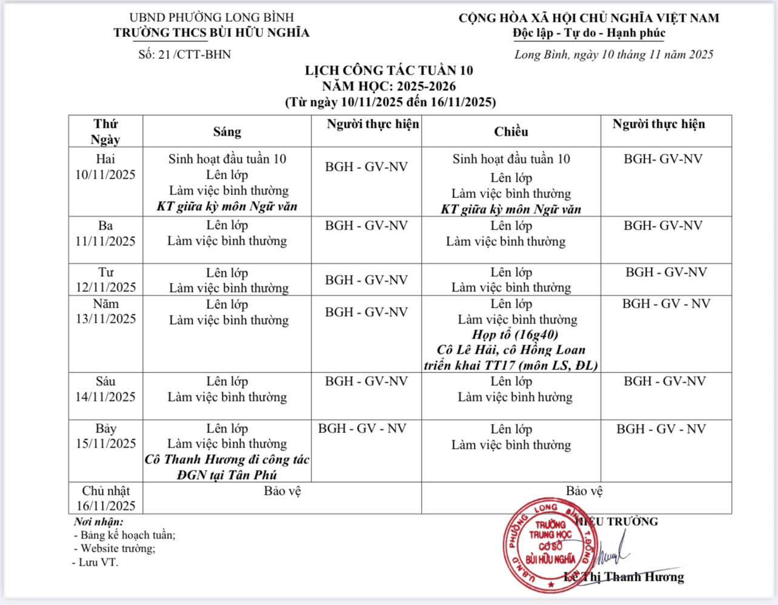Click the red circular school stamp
coord(550,545)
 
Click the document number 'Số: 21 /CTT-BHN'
coord(184,55)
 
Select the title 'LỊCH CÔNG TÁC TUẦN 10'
coord(389,70)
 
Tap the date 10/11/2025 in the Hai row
coord(105,175)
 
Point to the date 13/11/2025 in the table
coord(105,319)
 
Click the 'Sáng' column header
coord(227,131)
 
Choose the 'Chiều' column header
coord(511,131)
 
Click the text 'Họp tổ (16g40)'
coord(515,334)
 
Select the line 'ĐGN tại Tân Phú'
coord(227,475)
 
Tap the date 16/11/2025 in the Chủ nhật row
coord(105,506)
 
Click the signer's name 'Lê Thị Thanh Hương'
coord(624,577)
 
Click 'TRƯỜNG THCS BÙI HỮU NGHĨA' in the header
coord(211,33)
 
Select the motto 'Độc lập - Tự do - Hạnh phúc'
coord(588,33)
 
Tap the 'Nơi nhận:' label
coord(98,521)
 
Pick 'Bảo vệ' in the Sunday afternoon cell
coord(584,491)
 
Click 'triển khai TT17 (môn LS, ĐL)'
coord(511,365)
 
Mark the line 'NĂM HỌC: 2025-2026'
coord(389,86)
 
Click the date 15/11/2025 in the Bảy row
coord(105,443)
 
